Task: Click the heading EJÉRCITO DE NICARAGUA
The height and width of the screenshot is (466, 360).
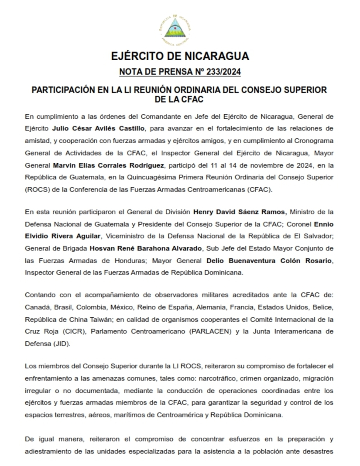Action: pos(180,56)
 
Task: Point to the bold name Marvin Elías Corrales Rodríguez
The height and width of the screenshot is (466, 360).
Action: pos(109,166)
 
